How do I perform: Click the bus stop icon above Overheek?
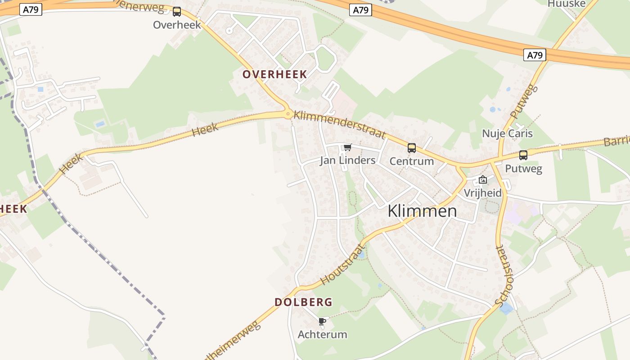coord(177,12)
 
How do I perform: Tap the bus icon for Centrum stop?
coord(411,148)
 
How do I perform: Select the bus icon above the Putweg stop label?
coord(523,155)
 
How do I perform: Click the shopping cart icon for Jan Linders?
coord(347,147)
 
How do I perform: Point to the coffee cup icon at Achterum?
coord(322,321)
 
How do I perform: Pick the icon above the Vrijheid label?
coord(483,180)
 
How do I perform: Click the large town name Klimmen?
coord(422,211)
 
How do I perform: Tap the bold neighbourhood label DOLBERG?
coord(303,302)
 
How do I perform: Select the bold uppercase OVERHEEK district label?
coord(274,74)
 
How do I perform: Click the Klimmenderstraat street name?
coord(340,124)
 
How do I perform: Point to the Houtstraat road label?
coord(342,265)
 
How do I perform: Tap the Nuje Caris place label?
coord(507,134)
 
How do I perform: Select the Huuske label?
coord(567,4)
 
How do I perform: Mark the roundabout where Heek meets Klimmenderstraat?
coord(288,114)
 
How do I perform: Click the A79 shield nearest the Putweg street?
coord(535,55)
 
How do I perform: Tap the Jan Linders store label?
coord(347,160)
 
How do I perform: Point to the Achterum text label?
coord(322,334)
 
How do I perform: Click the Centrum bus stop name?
coord(411,161)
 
